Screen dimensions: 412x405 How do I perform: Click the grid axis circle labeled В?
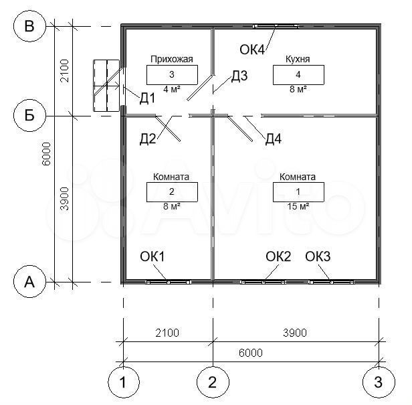pos(29,26)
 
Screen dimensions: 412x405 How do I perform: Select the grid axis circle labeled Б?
pos(29,115)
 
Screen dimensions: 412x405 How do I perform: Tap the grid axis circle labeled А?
pos(29,282)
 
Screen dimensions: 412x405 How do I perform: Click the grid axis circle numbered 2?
pos(213,382)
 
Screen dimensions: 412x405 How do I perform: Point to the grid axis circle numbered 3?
pos(379,382)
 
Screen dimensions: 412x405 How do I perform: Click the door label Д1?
pos(147,98)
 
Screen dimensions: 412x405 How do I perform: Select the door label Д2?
pos(148,139)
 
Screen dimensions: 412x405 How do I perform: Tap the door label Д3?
pos(239,76)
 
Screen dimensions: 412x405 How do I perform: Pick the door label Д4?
pos(274,139)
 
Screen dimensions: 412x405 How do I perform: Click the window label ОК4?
pos(252,50)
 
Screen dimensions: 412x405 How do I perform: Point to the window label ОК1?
pos(152,256)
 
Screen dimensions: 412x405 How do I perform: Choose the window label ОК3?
pos(318,256)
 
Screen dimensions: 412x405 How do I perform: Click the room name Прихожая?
pos(172,59)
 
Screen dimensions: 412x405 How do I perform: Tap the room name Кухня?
pos(298,59)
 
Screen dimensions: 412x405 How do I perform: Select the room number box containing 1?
pos(298,192)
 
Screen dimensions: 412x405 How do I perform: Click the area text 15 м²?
pos(298,206)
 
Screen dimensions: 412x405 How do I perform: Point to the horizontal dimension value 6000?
pos(251,353)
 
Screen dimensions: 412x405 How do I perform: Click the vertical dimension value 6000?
pos(46,154)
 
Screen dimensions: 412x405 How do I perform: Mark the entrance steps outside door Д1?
pos(106,86)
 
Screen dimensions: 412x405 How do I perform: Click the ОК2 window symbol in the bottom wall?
pos(263,282)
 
